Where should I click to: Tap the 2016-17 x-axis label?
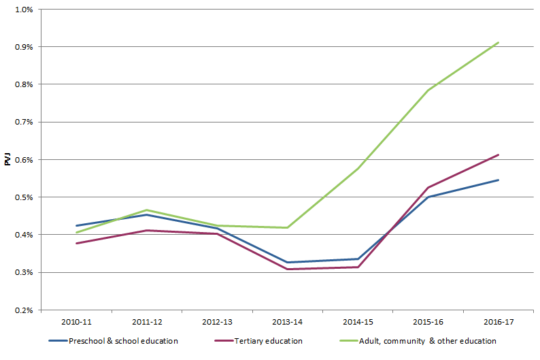[499, 321]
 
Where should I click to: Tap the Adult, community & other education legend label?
[432, 341]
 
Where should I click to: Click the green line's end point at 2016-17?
[499, 42]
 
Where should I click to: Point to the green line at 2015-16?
[428, 91]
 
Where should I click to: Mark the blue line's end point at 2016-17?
[499, 180]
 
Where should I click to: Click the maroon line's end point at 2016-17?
[499, 154]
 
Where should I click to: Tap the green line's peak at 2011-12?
[146, 210]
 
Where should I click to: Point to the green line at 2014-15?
[358, 168]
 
